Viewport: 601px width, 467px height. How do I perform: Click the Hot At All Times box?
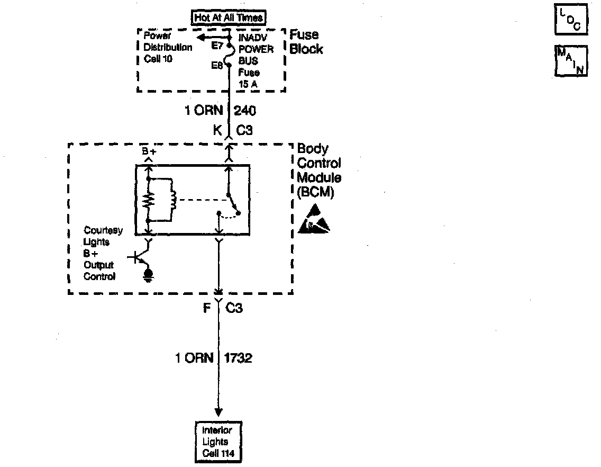229,17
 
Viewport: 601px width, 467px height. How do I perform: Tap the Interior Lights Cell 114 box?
217,442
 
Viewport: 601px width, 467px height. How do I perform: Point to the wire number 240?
245,111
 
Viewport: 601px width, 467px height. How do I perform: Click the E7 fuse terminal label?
217,46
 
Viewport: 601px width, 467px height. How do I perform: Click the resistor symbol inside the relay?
150,200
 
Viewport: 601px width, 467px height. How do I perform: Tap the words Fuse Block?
306,42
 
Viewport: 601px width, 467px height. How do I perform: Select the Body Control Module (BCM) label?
318,170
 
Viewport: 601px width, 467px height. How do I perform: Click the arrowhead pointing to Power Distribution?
202,38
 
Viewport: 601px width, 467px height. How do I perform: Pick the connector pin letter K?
217,130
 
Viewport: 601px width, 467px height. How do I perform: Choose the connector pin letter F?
208,308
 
